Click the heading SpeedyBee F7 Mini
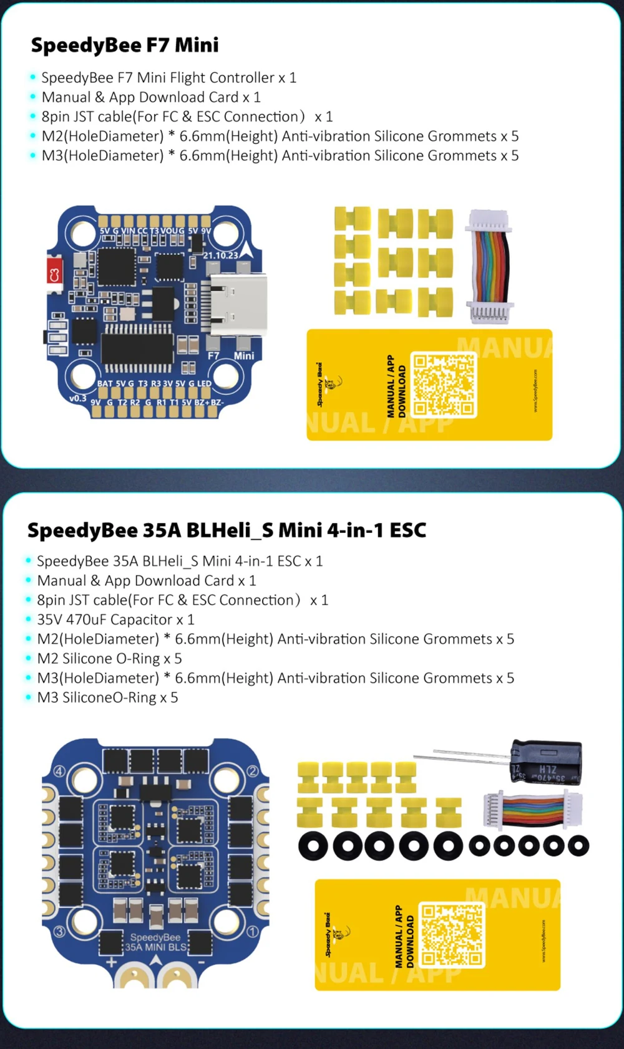point(125,45)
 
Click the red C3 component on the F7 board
point(54,274)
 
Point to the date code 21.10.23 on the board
point(220,255)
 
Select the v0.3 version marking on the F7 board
point(78,398)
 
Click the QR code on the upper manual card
point(444,385)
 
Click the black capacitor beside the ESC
point(545,762)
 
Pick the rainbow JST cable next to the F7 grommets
point(489,267)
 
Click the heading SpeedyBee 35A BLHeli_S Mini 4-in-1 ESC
point(227,530)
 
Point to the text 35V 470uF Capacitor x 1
point(115,620)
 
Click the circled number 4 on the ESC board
point(59,771)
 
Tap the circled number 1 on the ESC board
point(253,932)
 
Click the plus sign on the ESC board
point(111,962)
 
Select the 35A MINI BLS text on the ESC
point(156,947)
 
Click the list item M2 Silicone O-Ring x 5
point(109,659)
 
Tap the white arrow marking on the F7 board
point(248,251)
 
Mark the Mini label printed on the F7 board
point(244,356)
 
